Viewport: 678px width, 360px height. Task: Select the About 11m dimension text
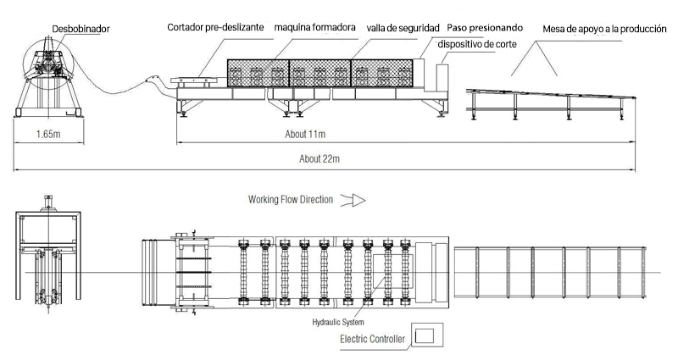(x=306, y=134)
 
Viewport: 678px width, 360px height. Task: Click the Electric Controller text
(x=372, y=341)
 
